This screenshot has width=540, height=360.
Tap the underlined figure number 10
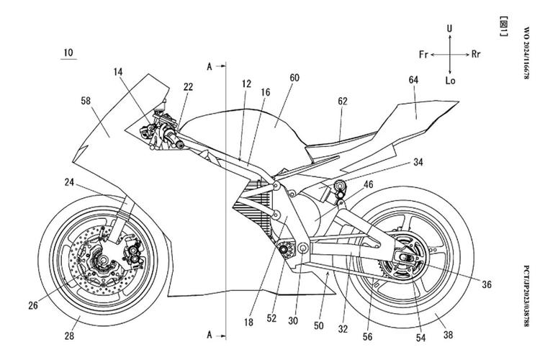[68, 53]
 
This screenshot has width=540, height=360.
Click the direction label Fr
[425, 54]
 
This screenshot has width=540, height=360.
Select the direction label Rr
[476, 54]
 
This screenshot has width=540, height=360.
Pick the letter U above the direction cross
[450, 29]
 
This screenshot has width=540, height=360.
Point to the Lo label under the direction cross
[451, 81]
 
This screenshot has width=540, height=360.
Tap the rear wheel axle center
[407, 257]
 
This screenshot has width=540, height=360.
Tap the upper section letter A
[210, 66]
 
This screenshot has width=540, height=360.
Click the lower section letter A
[210, 335]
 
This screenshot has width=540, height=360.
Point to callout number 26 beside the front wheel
[33, 305]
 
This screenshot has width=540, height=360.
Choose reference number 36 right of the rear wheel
[487, 285]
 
